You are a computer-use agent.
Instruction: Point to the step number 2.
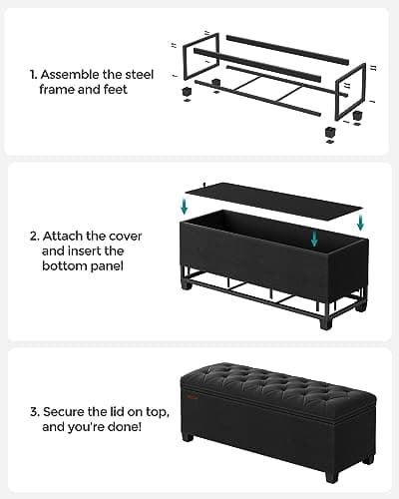pyautogui.click(x=34, y=236)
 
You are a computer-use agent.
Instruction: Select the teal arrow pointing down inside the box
pyautogui.click(x=315, y=240)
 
